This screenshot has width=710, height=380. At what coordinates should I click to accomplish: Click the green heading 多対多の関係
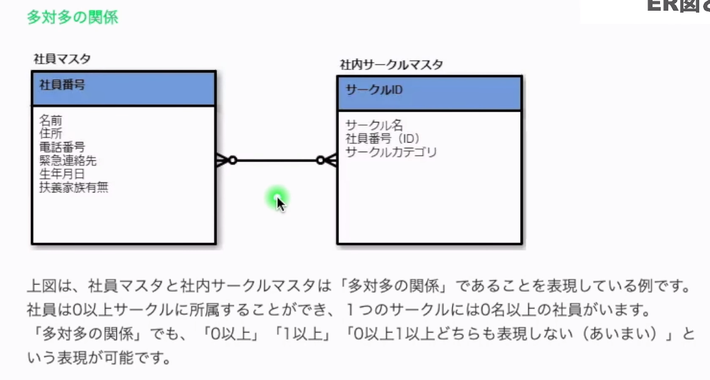click(x=72, y=17)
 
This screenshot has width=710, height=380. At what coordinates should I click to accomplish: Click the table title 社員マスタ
click(x=62, y=59)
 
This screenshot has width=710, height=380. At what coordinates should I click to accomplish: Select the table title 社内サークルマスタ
click(x=391, y=64)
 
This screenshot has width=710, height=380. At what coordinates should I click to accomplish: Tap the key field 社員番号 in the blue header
click(x=62, y=85)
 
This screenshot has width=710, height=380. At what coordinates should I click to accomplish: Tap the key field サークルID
click(x=374, y=90)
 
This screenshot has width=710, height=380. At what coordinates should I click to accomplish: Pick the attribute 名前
click(x=51, y=119)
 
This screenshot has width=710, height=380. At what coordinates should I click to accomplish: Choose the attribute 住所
click(x=51, y=133)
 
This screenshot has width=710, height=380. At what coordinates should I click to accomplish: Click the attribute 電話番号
click(x=62, y=146)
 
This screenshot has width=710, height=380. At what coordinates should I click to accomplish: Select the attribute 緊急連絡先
click(x=68, y=160)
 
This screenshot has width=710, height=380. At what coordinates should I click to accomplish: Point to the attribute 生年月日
click(x=62, y=174)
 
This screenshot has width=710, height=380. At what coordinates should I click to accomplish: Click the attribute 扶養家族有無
click(x=73, y=187)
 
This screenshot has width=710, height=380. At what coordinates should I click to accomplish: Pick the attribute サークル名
click(x=374, y=125)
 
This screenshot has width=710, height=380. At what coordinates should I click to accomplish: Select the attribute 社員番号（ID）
click(x=383, y=138)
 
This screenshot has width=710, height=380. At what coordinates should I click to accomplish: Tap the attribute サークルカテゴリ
click(x=391, y=152)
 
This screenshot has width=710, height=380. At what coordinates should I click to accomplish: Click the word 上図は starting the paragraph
click(x=49, y=286)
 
